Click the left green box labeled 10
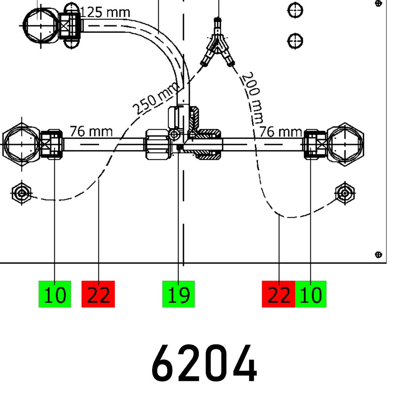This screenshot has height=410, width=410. point(55,294)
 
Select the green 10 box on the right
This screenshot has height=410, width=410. point(311,294)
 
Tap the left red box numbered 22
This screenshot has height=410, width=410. point(98,294)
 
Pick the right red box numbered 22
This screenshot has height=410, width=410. point(278,294)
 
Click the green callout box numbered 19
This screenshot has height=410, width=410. point(178,294)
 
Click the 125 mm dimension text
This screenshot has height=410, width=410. point(105,13)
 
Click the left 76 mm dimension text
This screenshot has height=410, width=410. point(91,132)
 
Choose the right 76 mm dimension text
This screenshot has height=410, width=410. point(281,132)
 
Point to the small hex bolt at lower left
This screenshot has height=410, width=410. point(22,192)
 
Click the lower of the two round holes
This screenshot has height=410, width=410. point(295,41)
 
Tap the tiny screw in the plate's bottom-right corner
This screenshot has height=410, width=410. point(379,255)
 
